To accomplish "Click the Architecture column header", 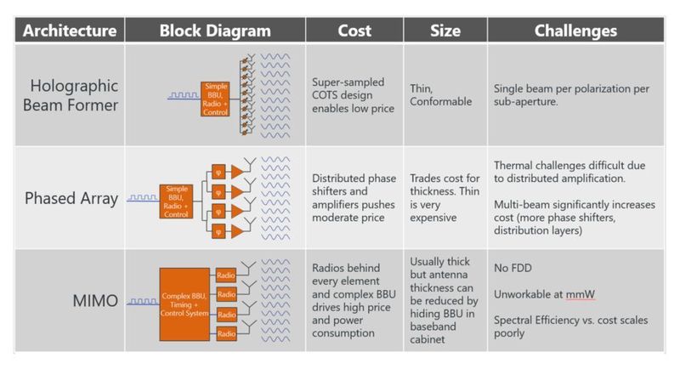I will (69, 31).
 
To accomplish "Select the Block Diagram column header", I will (215, 31).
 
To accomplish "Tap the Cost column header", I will (354, 31).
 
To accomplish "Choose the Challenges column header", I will (575, 31).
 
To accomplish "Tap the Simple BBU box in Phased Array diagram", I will (176, 202).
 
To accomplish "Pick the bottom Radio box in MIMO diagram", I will (226, 333).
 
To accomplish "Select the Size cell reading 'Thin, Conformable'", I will (441, 94).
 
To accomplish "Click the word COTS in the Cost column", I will (327, 95).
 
